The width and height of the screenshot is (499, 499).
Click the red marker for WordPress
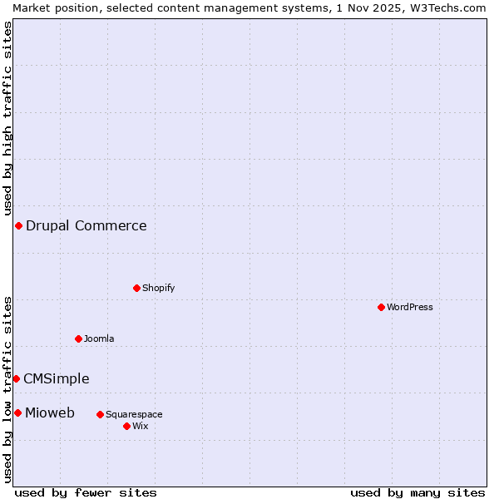point(381,307)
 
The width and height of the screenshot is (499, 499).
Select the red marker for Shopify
point(136,288)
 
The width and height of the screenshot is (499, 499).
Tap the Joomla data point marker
point(78,338)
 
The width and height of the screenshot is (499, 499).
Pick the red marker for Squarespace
point(100,414)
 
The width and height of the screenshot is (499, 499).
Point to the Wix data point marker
point(126,426)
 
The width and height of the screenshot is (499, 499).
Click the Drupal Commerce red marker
point(18,226)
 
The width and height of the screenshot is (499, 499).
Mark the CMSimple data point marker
point(16,378)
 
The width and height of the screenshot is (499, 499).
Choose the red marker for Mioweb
point(17,413)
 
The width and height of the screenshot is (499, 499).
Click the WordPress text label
point(410,307)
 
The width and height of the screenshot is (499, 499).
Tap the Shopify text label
point(158,288)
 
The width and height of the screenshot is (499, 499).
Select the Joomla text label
point(99,338)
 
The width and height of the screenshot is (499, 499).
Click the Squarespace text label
point(134,414)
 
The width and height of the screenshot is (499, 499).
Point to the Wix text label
point(140,426)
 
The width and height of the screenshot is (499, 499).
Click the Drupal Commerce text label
point(86,226)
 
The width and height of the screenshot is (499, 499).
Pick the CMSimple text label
point(57,378)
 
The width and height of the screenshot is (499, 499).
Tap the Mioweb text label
point(50,413)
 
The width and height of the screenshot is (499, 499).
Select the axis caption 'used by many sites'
point(417,492)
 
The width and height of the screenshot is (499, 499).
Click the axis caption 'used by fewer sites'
point(86,492)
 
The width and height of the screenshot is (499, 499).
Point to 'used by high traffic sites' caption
point(7,116)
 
